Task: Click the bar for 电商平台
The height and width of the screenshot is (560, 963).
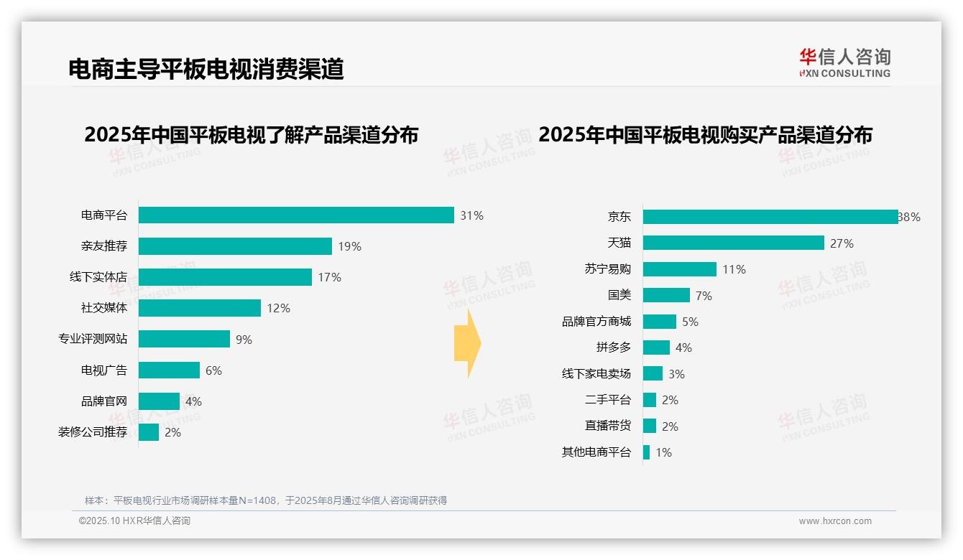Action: pos(296,215)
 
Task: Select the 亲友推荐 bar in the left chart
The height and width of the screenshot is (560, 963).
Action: pos(235,246)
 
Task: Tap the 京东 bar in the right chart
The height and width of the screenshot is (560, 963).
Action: pos(770,217)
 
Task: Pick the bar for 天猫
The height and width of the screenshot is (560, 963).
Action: pos(733,243)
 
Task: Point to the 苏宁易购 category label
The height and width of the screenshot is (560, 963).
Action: pos(607,269)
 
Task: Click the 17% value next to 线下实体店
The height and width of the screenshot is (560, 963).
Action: pos(329,278)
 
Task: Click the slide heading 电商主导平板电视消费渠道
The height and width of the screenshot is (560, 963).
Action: pos(206,69)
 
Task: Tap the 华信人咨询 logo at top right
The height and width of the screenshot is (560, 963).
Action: pos(844,63)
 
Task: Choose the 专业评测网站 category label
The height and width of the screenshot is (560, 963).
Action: pos(93,339)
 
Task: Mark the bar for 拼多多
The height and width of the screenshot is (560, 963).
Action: pos(656,347)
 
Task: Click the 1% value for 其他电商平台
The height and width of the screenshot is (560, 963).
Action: pos(663,453)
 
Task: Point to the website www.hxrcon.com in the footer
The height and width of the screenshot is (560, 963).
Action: pos(835,521)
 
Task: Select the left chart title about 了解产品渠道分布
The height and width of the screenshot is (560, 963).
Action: pos(251,135)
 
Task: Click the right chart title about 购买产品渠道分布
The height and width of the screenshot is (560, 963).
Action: pos(705,135)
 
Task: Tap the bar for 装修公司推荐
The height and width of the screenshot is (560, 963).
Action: pos(149,432)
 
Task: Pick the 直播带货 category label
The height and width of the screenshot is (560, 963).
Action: pos(607,426)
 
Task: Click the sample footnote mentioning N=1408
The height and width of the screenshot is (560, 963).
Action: pos(266,500)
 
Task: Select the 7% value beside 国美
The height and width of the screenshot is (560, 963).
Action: pos(704,296)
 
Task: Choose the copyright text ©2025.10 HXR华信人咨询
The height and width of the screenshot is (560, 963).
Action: pos(134,521)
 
